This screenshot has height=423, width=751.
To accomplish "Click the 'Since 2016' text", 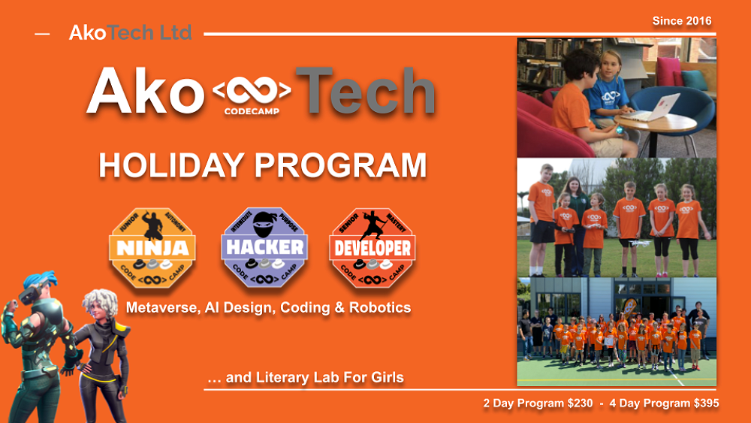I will (682, 20).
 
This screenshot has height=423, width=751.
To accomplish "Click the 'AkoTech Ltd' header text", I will (130, 33).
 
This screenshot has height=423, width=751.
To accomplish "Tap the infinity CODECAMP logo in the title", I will (252, 95).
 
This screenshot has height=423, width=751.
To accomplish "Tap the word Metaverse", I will (158, 308).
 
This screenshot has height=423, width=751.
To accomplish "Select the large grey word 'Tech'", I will (365, 92).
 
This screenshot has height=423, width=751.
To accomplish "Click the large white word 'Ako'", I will (145, 92).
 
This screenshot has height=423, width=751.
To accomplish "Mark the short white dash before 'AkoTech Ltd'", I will (42, 34).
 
